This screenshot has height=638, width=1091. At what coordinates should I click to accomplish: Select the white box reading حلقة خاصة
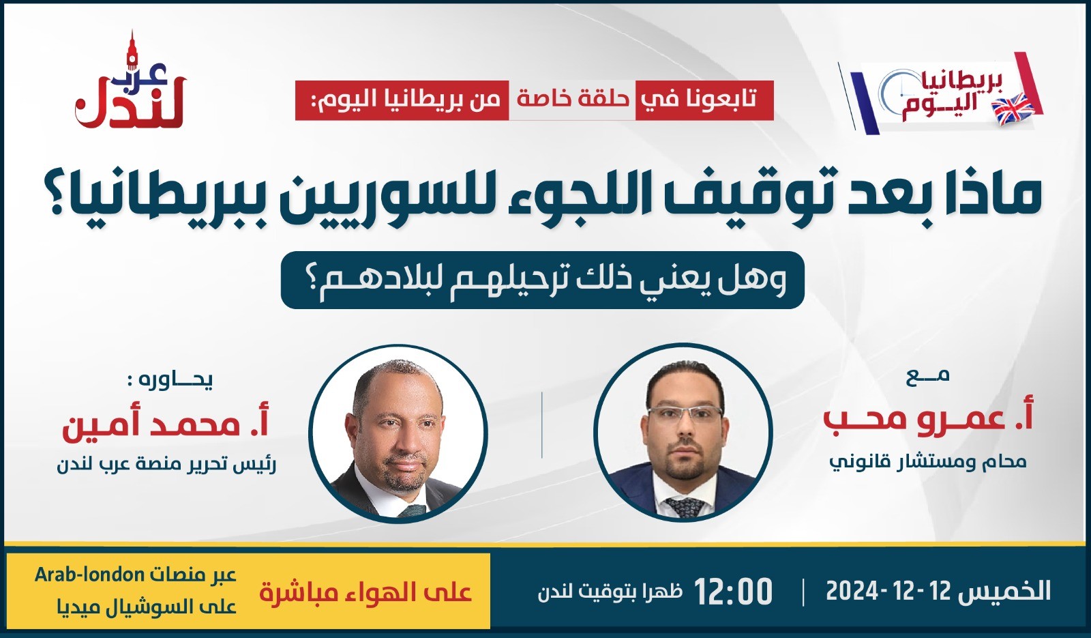pyautogui.click(x=572, y=100)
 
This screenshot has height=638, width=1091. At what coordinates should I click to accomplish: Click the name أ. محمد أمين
pyautogui.click(x=166, y=424)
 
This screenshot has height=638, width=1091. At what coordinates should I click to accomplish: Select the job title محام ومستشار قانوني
pyautogui.click(x=928, y=461)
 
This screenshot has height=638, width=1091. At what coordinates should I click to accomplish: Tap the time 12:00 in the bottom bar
pyautogui.click(x=734, y=591)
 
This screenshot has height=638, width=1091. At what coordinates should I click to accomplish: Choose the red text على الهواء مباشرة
pyautogui.click(x=365, y=592)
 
